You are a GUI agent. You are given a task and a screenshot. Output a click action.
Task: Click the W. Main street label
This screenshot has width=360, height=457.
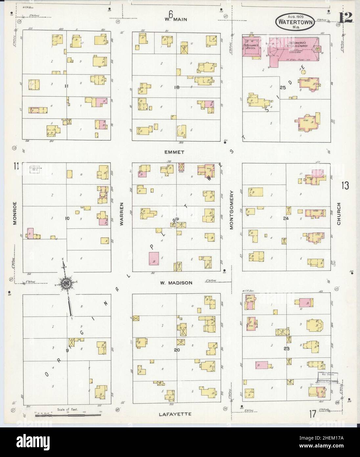176,19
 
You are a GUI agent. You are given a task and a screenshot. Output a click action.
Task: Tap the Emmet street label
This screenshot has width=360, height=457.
175,152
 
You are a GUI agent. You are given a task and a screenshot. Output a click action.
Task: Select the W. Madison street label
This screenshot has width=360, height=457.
176,282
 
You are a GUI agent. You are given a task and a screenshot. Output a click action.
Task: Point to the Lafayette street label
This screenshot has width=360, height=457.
175,414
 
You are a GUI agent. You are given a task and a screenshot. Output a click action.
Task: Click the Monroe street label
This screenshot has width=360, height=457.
15,218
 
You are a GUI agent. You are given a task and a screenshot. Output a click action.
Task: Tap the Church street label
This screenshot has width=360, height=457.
339,214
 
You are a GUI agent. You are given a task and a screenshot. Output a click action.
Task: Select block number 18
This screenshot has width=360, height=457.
177,87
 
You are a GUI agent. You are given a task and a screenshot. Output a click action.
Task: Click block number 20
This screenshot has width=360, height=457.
177,350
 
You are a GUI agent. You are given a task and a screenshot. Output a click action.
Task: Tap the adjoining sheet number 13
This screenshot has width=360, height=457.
345,186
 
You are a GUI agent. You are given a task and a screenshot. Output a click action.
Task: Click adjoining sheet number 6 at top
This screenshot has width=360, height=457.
170,14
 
